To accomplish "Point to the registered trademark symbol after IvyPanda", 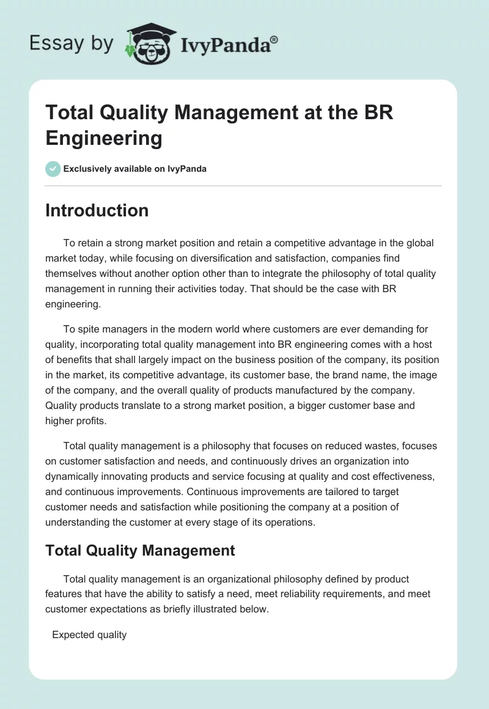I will tap(274, 39).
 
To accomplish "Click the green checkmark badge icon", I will tap(53, 169).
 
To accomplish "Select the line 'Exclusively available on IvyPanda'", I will tap(135, 169).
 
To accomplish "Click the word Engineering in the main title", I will tap(104, 138).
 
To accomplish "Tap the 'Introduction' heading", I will tap(97, 210).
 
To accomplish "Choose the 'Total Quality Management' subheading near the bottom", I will tap(140, 550).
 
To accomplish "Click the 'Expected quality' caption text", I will tap(89, 634).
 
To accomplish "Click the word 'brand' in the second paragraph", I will tap(332, 375).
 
